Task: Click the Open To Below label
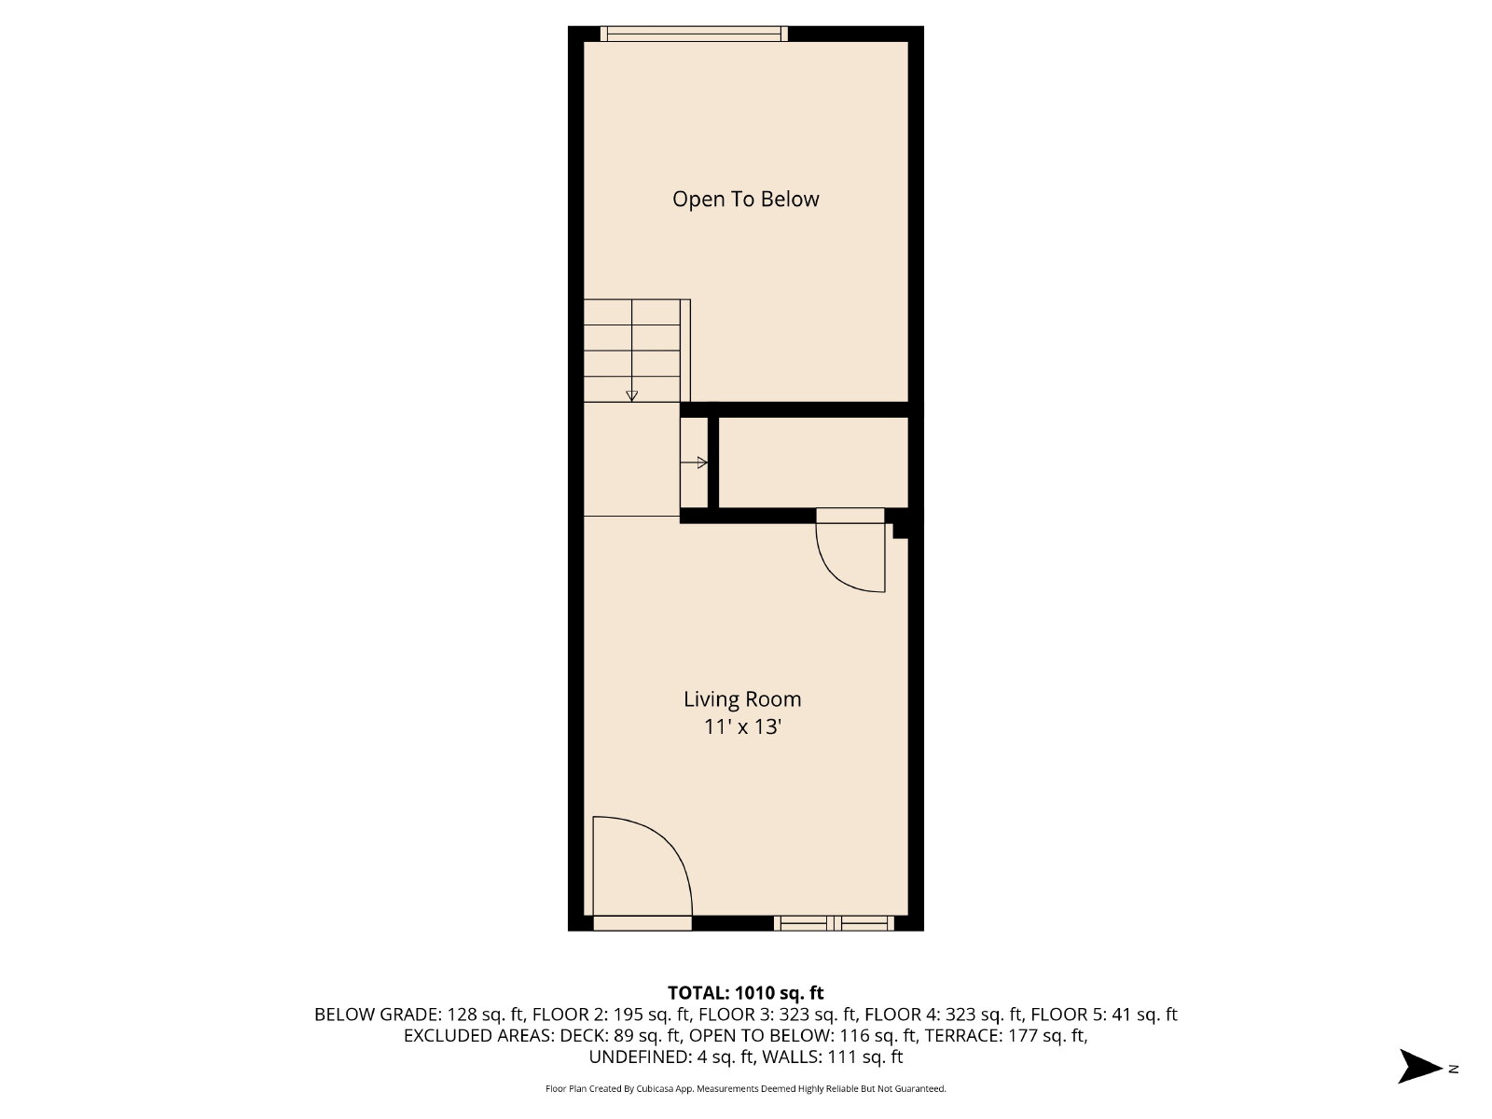pos(746,200)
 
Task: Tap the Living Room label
pos(742,699)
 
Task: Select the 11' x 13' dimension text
pos(742,727)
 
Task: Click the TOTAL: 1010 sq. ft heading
pos(746,993)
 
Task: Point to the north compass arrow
pos(1419,1068)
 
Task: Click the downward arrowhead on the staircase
pos(631,396)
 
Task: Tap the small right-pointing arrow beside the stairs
pos(694,463)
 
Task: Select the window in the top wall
pos(694,34)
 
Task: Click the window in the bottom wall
pos(834,923)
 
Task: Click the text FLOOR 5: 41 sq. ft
pos(1104,1015)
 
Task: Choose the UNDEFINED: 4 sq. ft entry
pos(671,1057)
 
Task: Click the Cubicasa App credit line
pos(746,1089)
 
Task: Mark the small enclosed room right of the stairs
pos(813,463)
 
